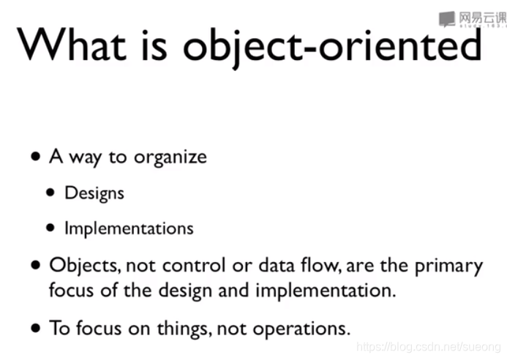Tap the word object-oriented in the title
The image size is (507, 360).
click(333, 47)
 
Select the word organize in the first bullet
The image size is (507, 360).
click(170, 158)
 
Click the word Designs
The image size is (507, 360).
click(94, 193)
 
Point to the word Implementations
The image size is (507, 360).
click(129, 228)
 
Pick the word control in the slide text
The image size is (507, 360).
click(194, 265)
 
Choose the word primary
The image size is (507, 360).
click(448, 266)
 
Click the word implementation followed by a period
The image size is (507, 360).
click(326, 290)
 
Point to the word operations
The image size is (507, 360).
click(301, 329)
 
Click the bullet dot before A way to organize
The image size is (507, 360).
click(36, 157)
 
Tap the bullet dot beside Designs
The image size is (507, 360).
click(50, 192)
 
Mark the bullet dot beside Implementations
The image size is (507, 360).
click(50, 228)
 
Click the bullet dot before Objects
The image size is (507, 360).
click(36, 265)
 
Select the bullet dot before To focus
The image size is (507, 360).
click(36, 329)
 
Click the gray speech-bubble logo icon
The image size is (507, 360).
click(447, 19)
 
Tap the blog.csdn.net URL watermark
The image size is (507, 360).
click(429, 347)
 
